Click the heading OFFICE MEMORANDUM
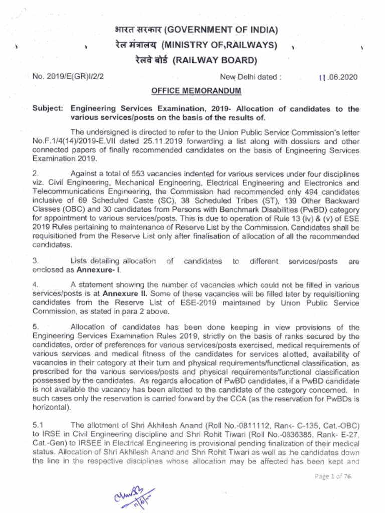189,91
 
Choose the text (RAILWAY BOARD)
215,61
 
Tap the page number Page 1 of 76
333,476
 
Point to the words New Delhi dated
250,77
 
